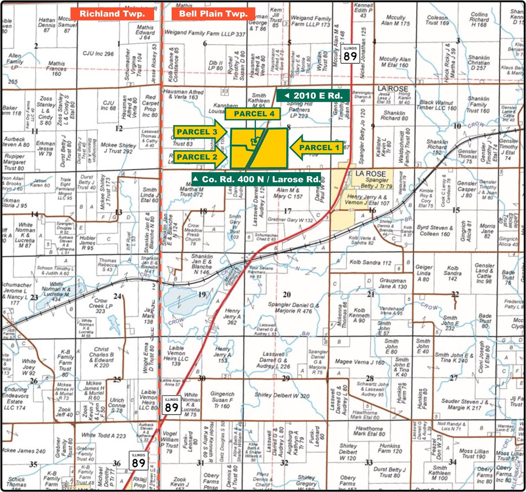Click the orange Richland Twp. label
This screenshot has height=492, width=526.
click(111, 14)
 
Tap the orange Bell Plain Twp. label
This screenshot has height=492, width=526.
click(213, 14)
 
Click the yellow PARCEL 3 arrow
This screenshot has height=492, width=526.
click(200, 132)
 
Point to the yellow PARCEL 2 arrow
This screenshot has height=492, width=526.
click(200, 157)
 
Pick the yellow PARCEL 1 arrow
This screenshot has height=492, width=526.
click(316, 148)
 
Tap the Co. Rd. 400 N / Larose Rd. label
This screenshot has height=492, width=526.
click(257, 179)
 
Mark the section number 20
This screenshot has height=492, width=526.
click(287, 294)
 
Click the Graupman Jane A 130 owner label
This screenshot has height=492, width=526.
click(393, 283)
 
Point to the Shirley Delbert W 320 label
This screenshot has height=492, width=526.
click(282, 395)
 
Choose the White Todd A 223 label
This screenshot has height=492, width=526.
click(104, 435)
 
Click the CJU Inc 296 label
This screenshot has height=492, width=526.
click(98, 54)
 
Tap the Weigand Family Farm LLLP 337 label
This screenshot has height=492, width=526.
click(205, 33)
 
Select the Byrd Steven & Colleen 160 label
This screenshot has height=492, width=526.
click(434, 231)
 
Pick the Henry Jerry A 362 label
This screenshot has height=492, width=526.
click(232, 316)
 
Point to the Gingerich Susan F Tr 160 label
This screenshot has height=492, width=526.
click(222, 400)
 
